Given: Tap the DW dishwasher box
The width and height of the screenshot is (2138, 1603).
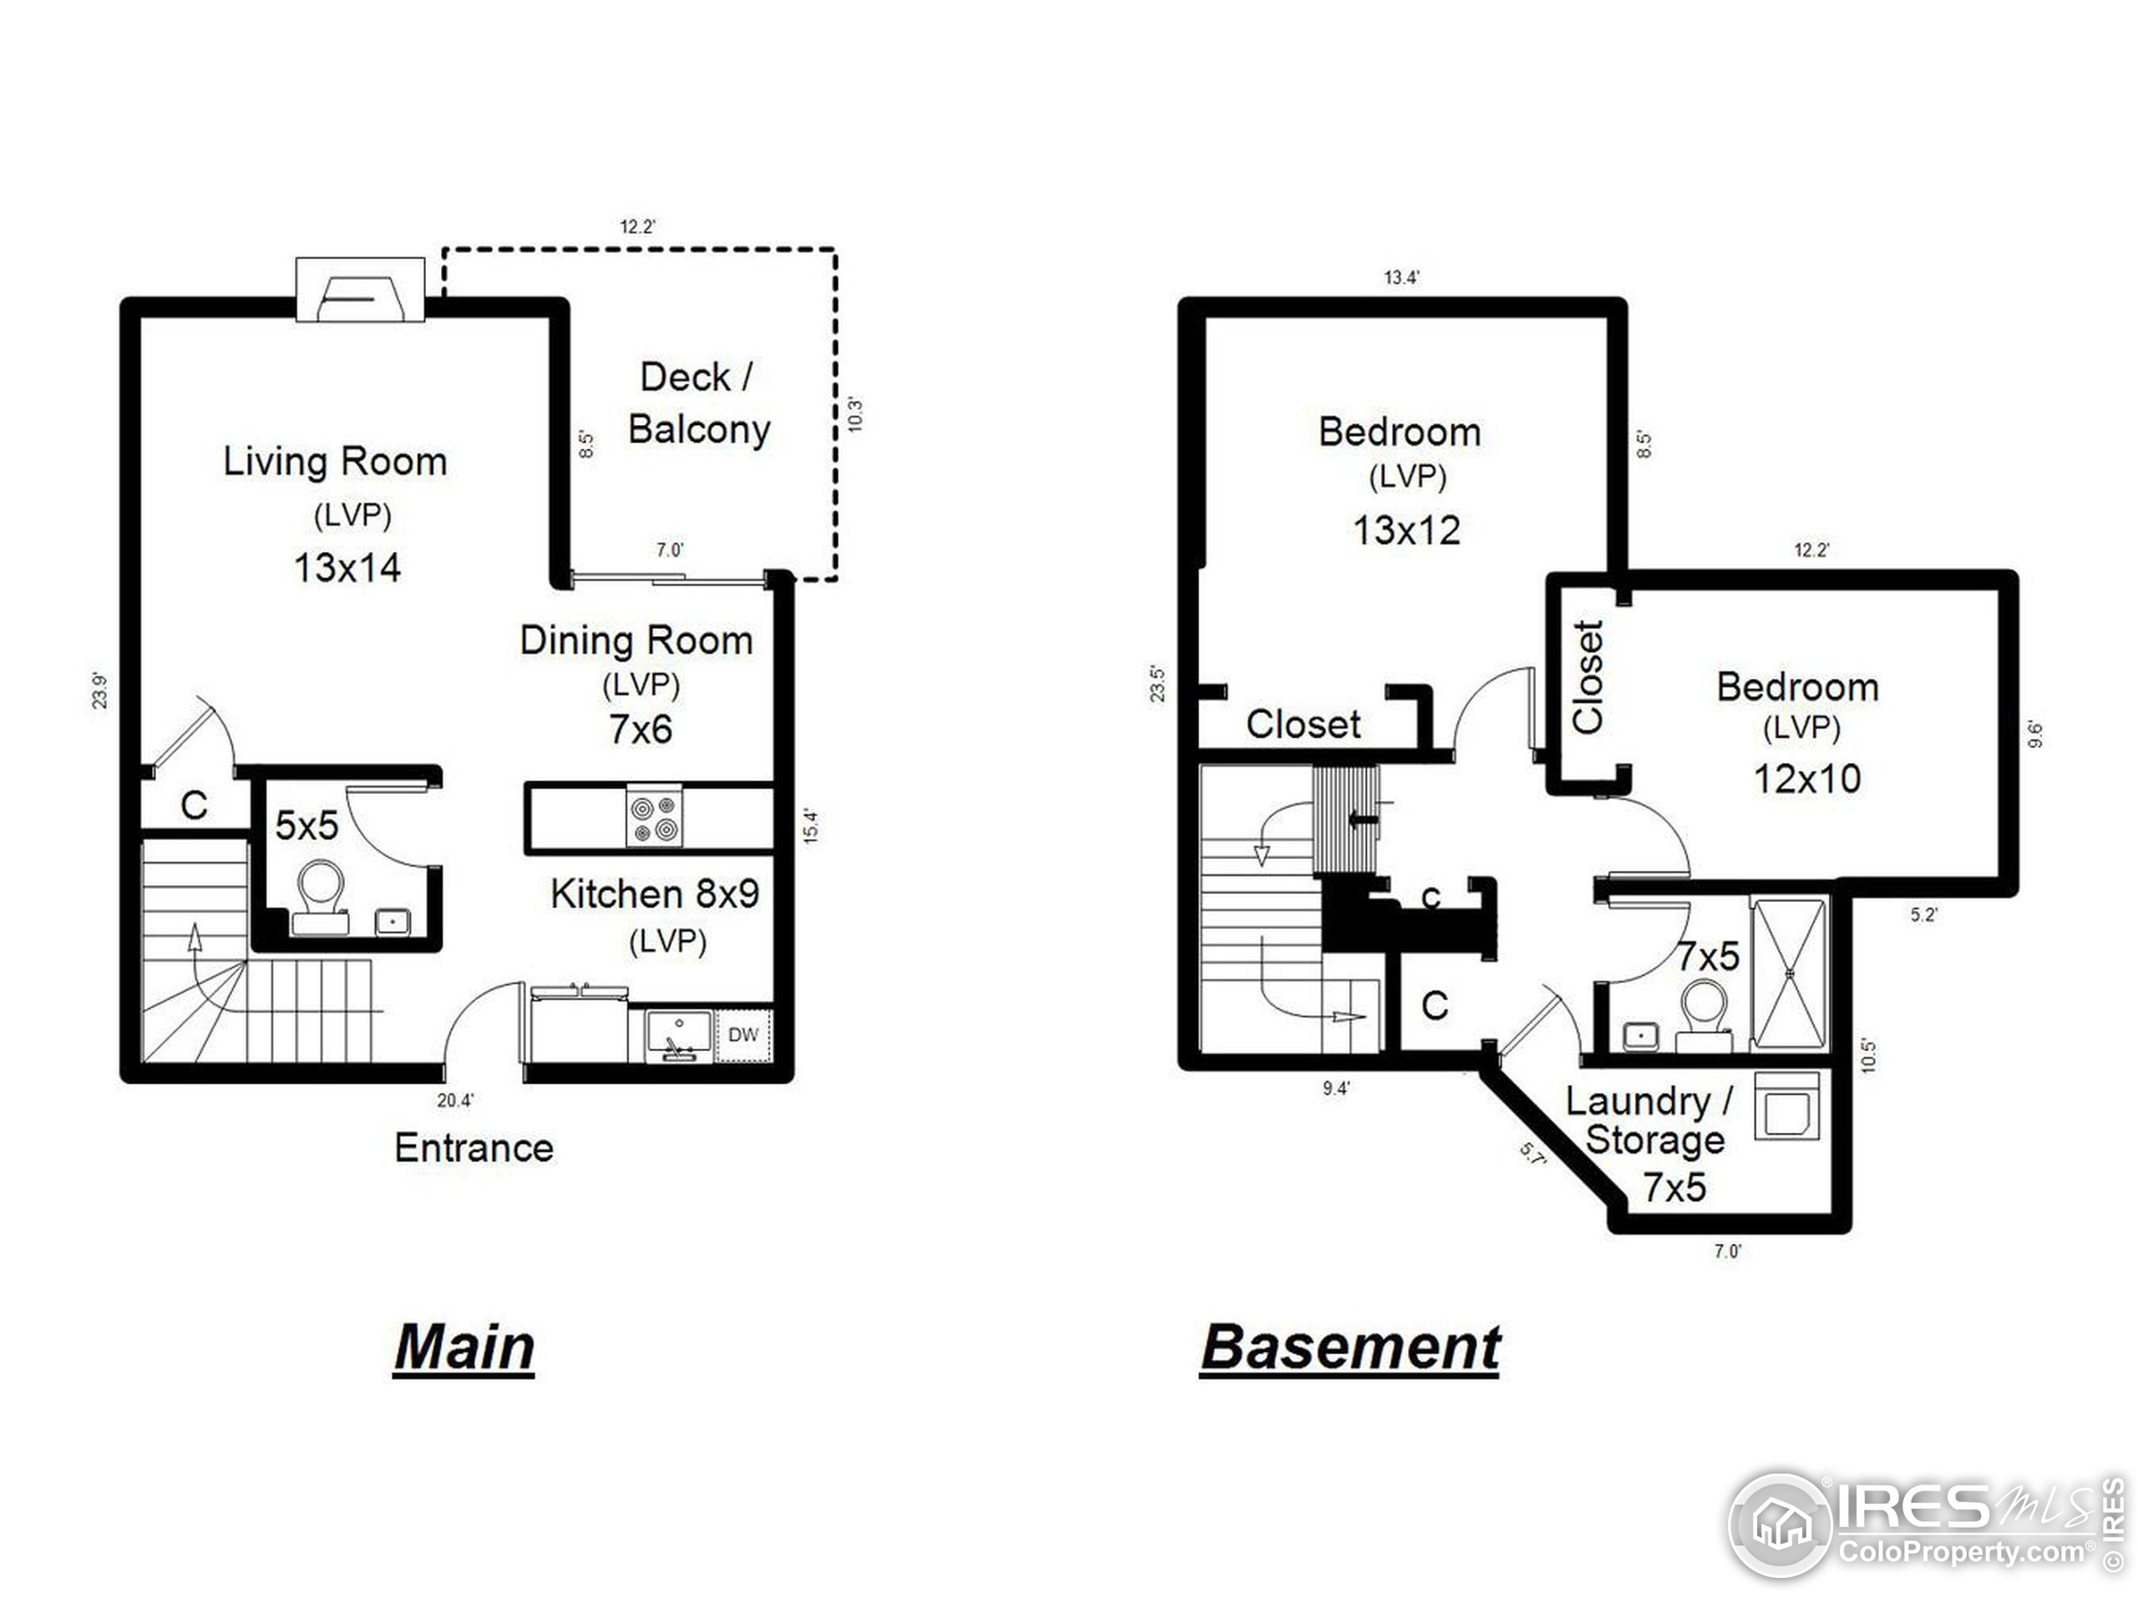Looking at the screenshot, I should click(742, 1034).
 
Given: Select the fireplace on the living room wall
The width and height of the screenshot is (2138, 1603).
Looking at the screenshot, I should click(360, 289).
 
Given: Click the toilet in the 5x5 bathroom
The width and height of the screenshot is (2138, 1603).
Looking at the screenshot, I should click(320, 895).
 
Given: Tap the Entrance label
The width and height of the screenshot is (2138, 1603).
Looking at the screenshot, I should click(474, 1148).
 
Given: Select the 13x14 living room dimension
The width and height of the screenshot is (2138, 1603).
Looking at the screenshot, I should click(347, 567).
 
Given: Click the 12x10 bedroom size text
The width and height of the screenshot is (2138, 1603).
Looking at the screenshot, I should click(1806, 779).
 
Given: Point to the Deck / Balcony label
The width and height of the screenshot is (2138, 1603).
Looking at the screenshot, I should click(698, 403).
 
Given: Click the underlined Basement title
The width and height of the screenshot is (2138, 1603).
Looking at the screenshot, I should click(1350, 1347).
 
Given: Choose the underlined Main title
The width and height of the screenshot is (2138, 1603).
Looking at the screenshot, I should click(464, 1347).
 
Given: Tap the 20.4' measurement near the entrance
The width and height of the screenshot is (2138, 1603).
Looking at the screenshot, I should click(455, 1100).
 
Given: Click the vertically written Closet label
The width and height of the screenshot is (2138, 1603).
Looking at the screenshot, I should click(1588, 676).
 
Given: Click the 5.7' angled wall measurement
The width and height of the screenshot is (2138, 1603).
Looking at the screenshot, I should click(1533, 1154).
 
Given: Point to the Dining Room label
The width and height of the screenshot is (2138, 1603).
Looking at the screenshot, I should click(636, 640).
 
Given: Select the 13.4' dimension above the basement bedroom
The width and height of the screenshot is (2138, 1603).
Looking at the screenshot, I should click(1401, 278).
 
